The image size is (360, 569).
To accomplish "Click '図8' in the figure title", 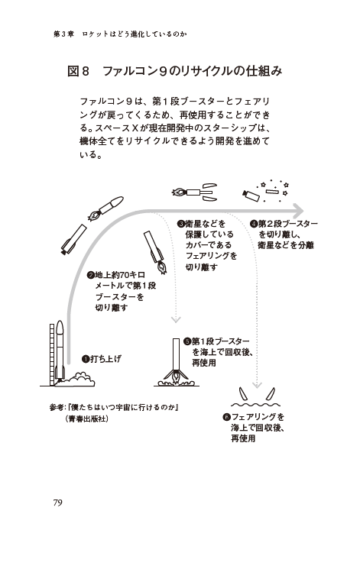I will (x=79, y=71).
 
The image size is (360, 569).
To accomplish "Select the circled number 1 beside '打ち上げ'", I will (x=86, y=358).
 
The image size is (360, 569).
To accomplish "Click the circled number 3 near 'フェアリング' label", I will (x=181, y=224).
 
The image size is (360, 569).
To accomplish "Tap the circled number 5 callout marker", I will (x=187, y=341).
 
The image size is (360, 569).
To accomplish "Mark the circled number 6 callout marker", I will (x=226, y=417).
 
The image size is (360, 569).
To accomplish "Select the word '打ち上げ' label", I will (x=106, y=358).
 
